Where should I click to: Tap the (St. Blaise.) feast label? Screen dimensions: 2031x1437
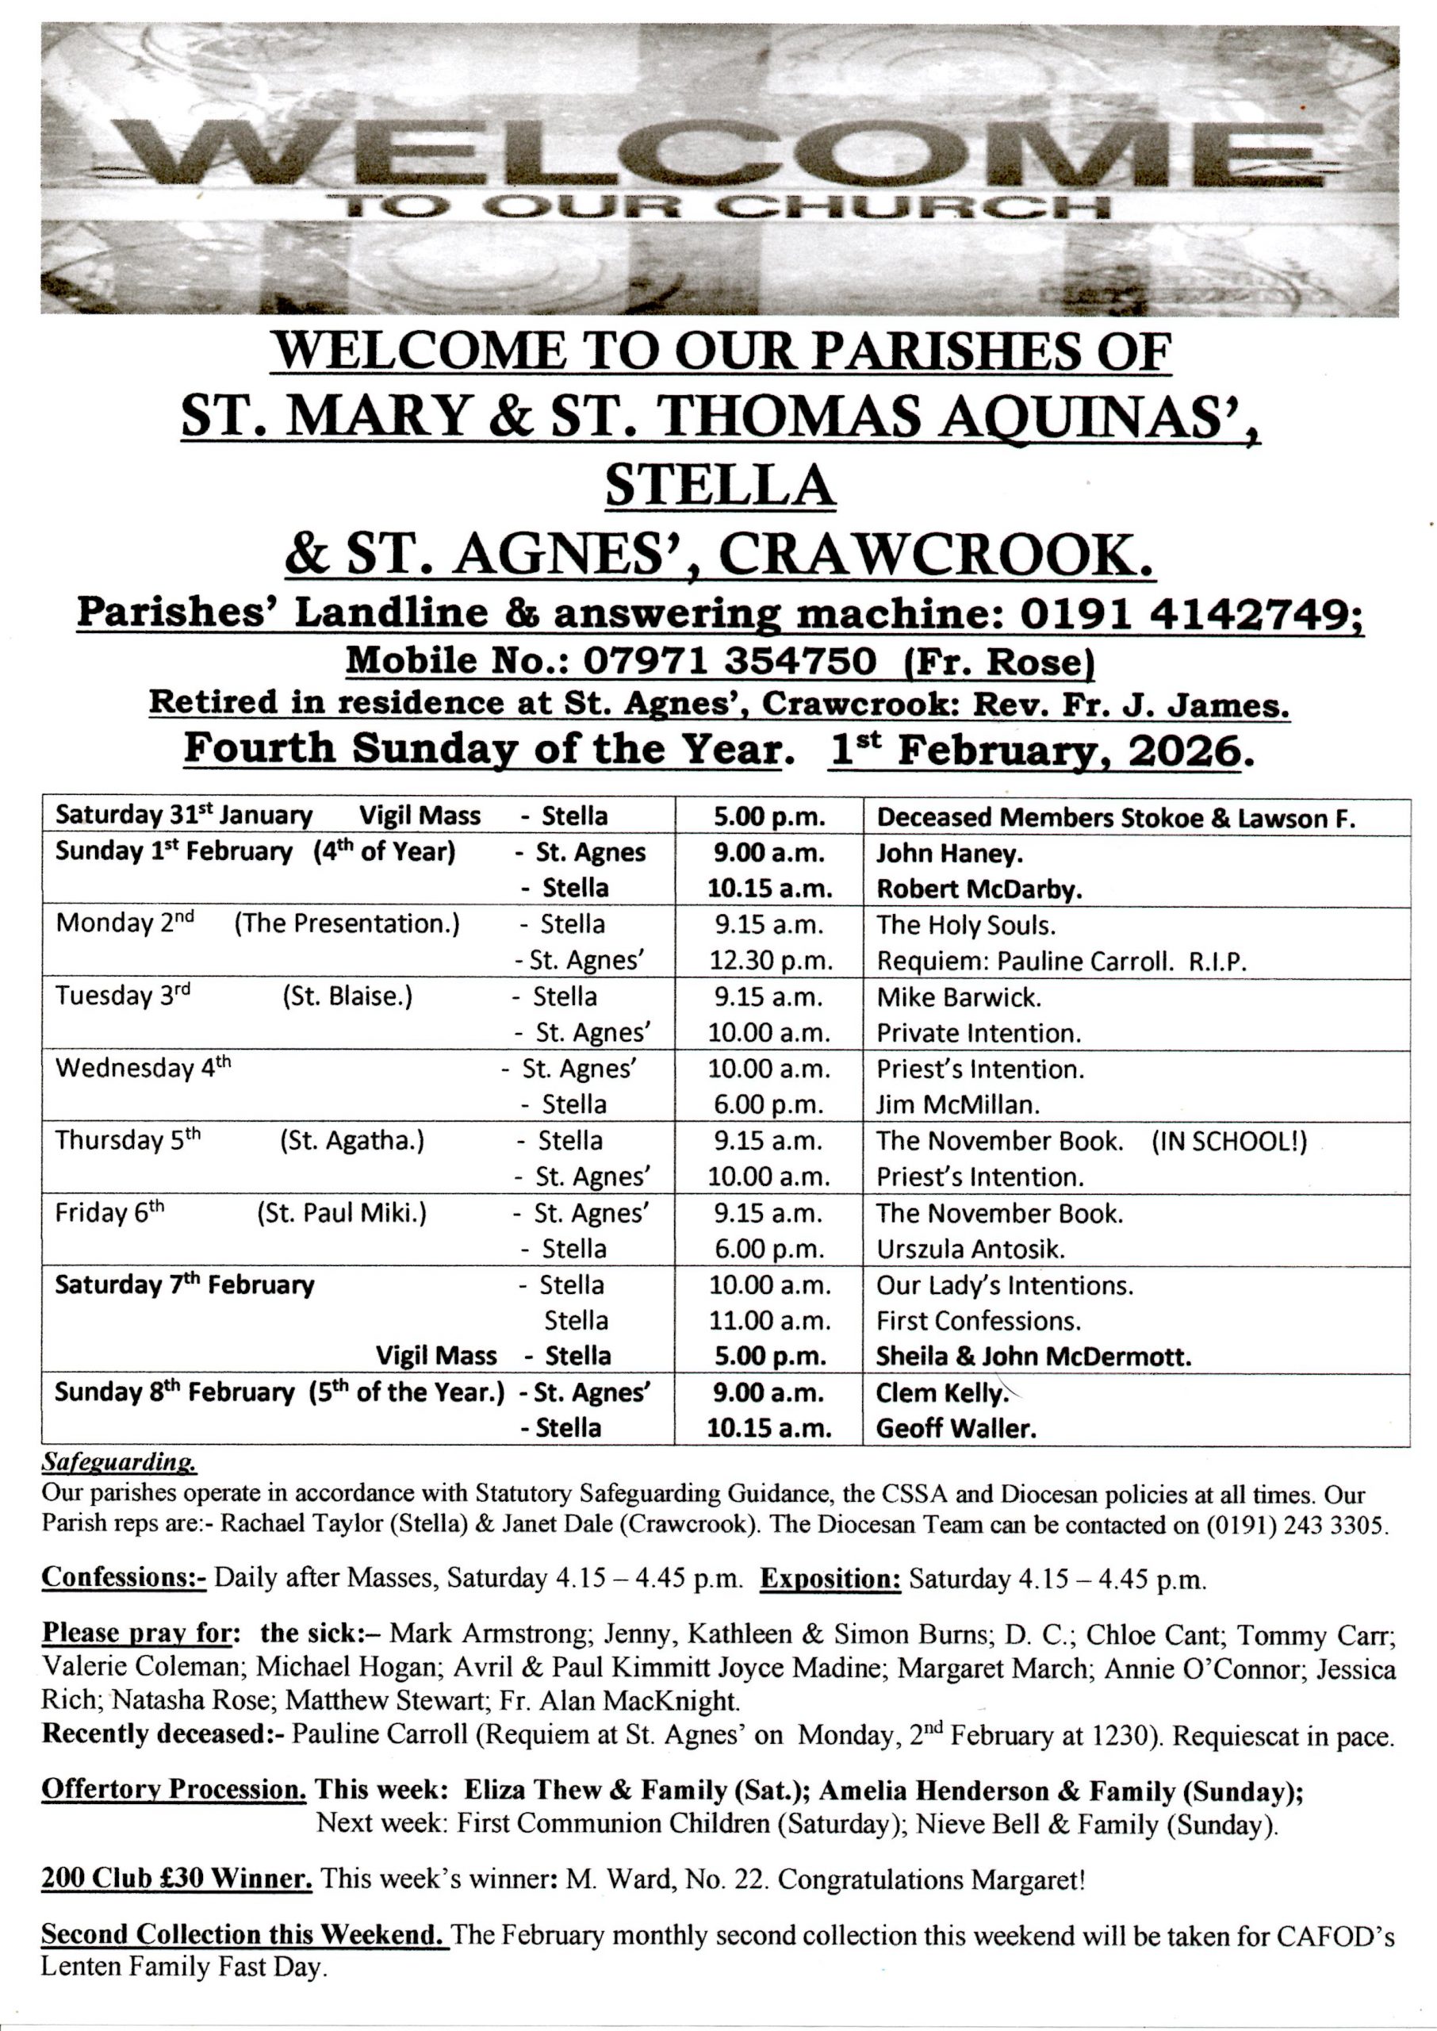(x=347, y=996)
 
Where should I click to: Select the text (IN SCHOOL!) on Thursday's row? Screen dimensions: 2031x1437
(x=1229, y=1141)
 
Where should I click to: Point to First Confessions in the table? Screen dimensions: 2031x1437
(x=979, y=1320)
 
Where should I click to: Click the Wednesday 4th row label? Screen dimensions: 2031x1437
(x=143, y=1068)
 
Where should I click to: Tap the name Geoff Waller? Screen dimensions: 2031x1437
(x=956, y=1427)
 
